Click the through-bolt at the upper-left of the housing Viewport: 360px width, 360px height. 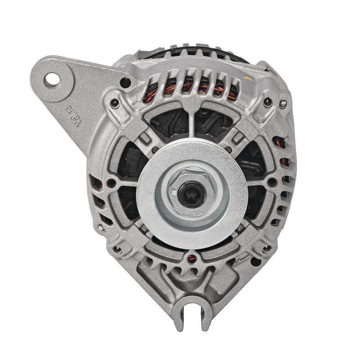[x=115, y=103]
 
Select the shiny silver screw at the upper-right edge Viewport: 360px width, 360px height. [x=282, y=104]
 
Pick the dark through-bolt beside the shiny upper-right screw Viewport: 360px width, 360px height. [x=269, y=102]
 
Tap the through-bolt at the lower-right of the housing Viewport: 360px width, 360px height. [x=267, y=248]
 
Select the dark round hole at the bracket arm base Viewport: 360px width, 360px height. [x=126, y=82]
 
